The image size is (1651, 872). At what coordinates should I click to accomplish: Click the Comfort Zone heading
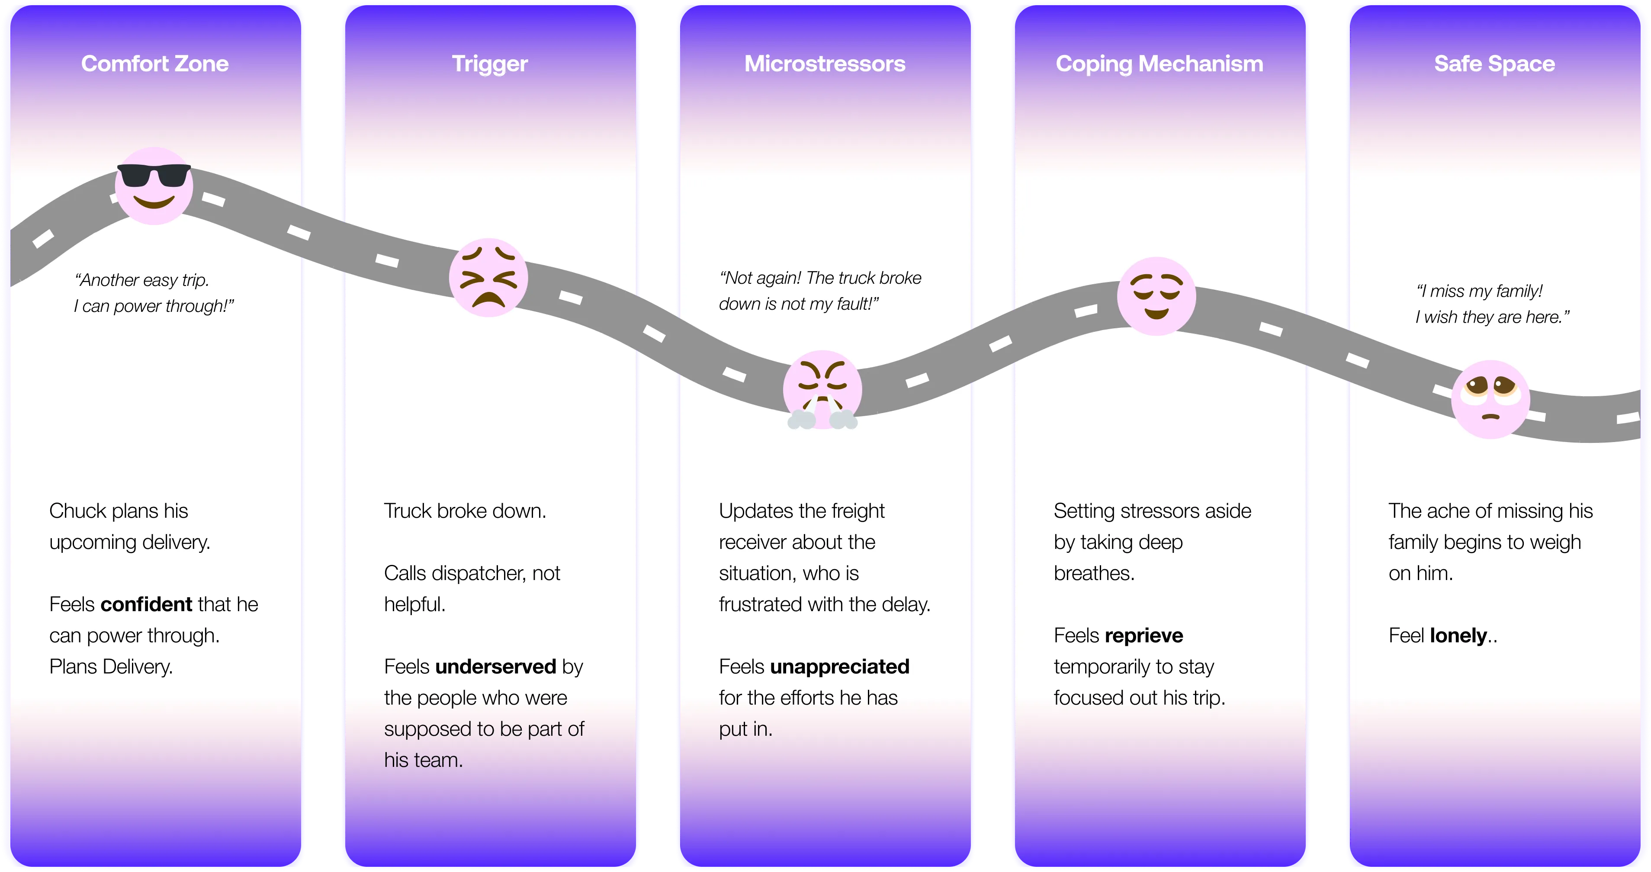pyautogui.click(x=154, y=64)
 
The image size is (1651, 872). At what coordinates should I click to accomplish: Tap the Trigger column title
pyautogui.click(x=490, y=64)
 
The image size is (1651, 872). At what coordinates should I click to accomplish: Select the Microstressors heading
pyautogui.click(x=825, y=64)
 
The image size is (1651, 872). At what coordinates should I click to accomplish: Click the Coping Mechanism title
pyautogui.click(x=1160, y=64)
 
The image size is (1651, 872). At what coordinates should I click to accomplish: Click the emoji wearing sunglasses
pyautogui.click(x=154, y=186)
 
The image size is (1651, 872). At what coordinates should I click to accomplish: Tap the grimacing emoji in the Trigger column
pyautogui.click(x=488, y=277)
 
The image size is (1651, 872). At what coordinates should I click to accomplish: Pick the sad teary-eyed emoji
pyautogui.click(x=1491, y=399)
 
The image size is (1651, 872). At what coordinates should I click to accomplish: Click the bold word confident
pyautogui.click(x=147, y=604)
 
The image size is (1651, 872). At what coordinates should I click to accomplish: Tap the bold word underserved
pyautogui.click(x=495, y=667)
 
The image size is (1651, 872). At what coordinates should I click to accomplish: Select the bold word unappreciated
pyautogui.click(x=840, y=667)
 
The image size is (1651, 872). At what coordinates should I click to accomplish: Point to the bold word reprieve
pyautogui.click(x=1144, y=635)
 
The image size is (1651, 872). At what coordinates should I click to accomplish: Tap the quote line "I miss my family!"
pyautogui.click(x=1479, y=291)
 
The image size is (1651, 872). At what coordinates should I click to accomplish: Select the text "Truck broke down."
pyautogui.click(x=465, y=511)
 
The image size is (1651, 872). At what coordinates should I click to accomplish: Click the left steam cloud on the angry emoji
pyautogui.click(x=801, y=420)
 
